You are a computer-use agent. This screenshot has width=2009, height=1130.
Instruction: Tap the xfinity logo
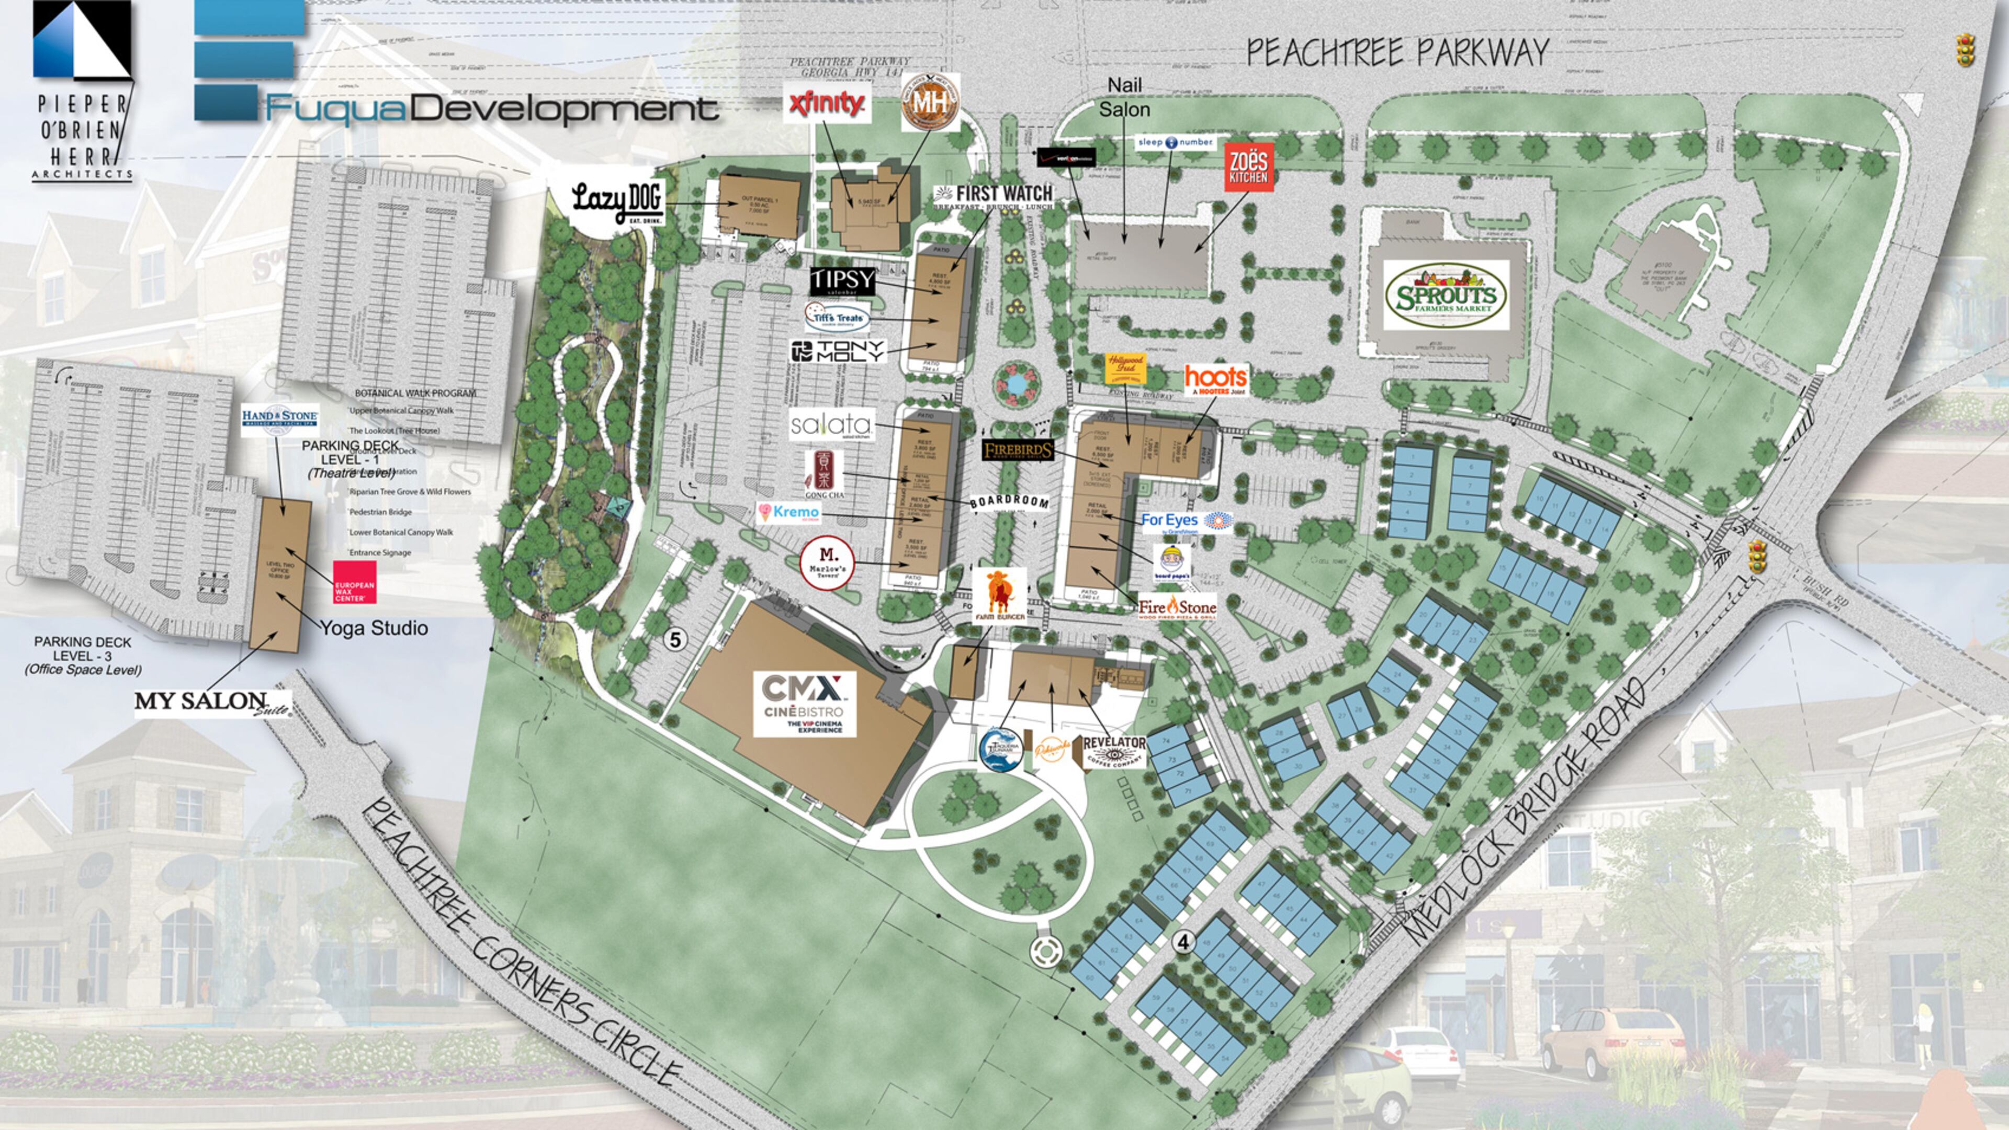tap(827, 104)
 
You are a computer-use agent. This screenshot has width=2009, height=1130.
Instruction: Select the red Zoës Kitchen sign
tap(1249, 167)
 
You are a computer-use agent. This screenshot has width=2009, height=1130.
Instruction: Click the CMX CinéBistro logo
tap(804, 704)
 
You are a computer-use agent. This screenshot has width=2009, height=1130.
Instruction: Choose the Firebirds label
tap(1018, 450)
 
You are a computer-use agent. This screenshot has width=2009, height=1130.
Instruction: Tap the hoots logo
tap(1215, 380)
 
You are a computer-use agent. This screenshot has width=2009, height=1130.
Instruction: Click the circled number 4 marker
tap(1183, 942)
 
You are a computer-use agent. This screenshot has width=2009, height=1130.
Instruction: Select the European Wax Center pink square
tap(355, 582)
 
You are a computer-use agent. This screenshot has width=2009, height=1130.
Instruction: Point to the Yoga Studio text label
tap(374, 628)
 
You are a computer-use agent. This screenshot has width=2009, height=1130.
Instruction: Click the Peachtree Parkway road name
tap(1397, 52)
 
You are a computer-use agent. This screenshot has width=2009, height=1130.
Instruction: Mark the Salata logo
tap(831, 425)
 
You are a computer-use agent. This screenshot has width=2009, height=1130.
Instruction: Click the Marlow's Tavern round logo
tap(828, 562)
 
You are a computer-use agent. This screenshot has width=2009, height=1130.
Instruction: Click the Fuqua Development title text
tap(491, 109)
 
